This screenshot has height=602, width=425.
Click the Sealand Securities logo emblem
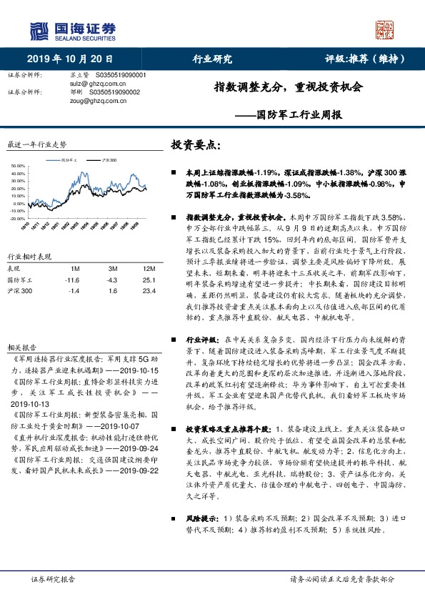click(x=39, y=31)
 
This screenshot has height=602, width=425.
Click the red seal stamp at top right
click(x=386, y=29)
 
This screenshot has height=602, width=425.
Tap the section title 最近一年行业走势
click(x=36, y=144)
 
